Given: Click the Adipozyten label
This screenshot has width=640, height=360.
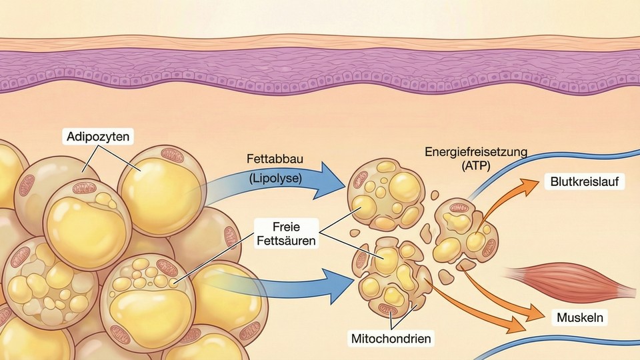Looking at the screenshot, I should pos(98,137).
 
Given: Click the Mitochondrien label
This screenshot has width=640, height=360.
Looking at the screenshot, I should pos(391,338).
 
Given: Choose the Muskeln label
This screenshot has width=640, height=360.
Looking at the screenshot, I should pos(581,317).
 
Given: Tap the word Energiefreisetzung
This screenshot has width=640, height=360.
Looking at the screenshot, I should pos(475,151).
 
